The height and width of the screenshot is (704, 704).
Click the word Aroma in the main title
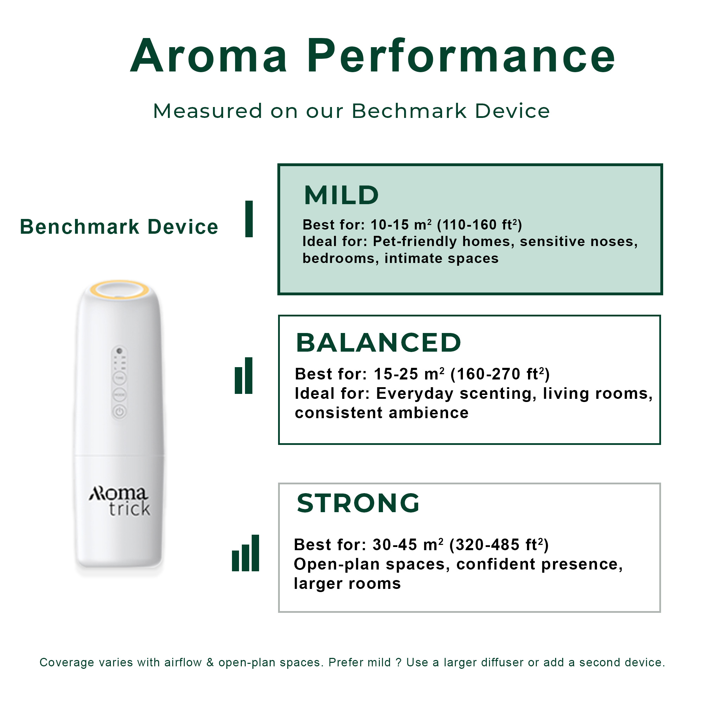pyautogui.click(x=209, y=56)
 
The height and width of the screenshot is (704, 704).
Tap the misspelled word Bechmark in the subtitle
pyautogui.click(x=409, y=111)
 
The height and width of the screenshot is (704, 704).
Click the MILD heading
pyautogui.click(x=341, y=195)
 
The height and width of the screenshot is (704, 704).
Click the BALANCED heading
pyautogui.click(x=379, y=343)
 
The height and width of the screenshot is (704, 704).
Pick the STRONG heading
pyautogui.click(x=358, y=503)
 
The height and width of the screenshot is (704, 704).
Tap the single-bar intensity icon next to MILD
pyautogui.click(x=249, y=219)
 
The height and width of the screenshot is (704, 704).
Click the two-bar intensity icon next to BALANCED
pyautogui.click(x=244, y=375)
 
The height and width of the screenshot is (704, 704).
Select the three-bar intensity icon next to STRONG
pyautogui.click(x=246, y=553)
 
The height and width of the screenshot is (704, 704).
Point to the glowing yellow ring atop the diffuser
pyautogui.click(x=119, y=290)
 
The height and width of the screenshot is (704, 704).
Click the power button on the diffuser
pyautogui.click(x=120, y=412)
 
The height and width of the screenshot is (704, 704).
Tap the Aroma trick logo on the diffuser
pyautogui.click(x=120, y=501)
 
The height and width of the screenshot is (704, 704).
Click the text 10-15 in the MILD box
pyautogui.click(x=390, y=225)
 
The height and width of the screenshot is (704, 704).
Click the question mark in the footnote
pyautogui.click(x=399, y=662)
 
